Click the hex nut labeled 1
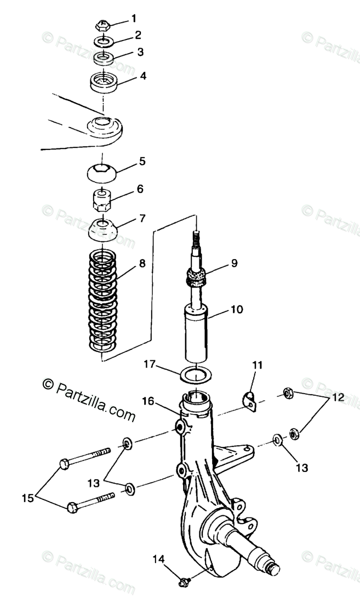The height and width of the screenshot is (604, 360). (x=102, y=25)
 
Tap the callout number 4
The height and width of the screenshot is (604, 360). (x=142, y=76)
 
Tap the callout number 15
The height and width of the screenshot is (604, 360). (x=27, y=498)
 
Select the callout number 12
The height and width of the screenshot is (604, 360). (x=338, y=398)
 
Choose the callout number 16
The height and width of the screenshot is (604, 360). (x=146, y=402)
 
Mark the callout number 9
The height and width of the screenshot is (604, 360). (x=233, y=263)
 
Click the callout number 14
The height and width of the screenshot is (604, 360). (x=158, y=559)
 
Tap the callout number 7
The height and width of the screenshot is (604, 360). (x=142, y=218)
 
